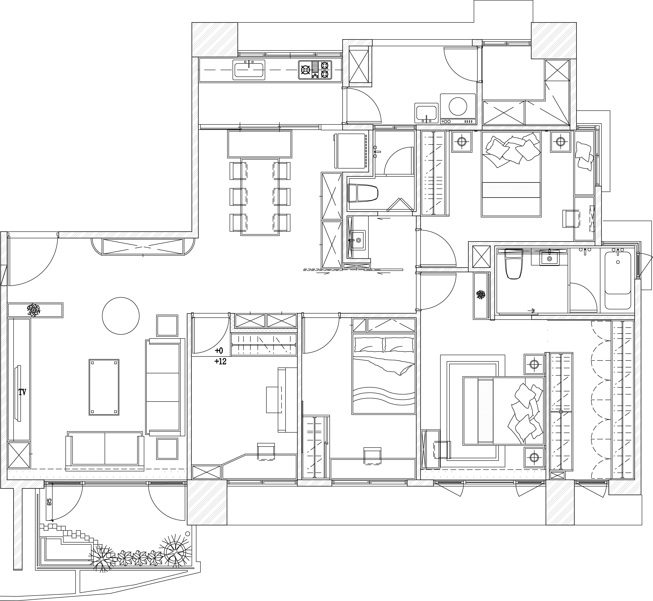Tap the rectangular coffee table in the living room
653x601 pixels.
[x=104, y=387]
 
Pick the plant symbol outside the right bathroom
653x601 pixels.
[x=481, y=295]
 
